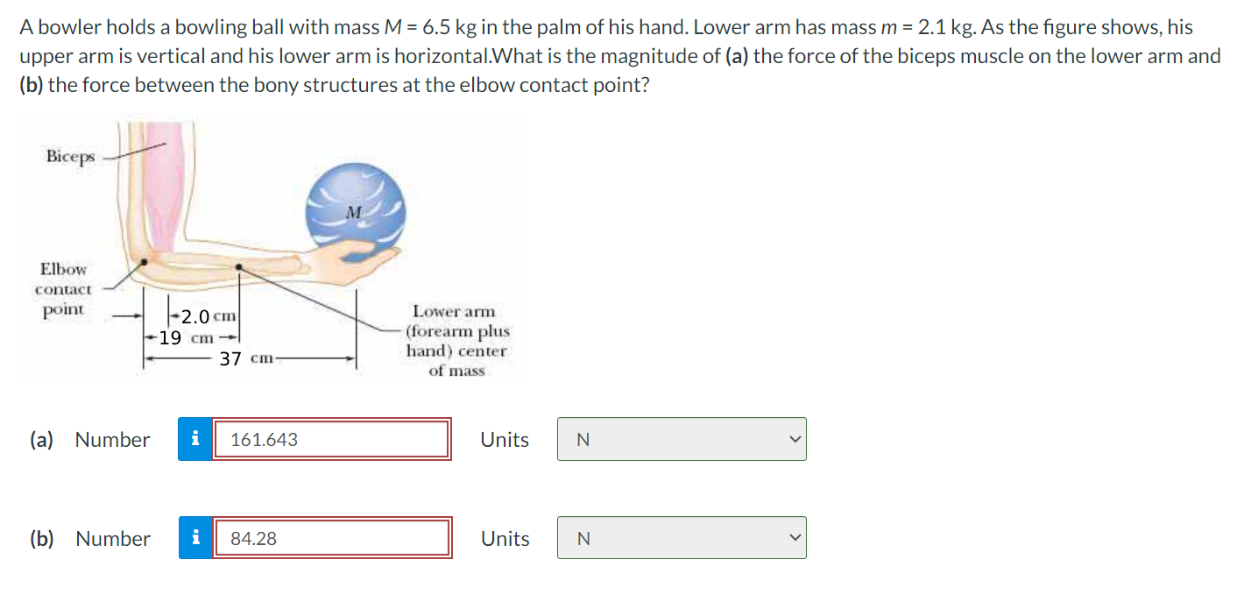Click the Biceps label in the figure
tap(70, 156)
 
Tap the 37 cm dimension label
tap(245, 358)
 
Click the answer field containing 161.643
tap(331, 439)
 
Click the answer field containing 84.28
tap(331, 538)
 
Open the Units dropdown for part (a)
tap(681, 439)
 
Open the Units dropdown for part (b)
tap(681, 538)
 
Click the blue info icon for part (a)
tap(195, 439)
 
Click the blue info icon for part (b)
tap(195, 538)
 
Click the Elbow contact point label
tap(63, 289)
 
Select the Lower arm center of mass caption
tap(456, 341)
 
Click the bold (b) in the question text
tap(31, 87)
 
